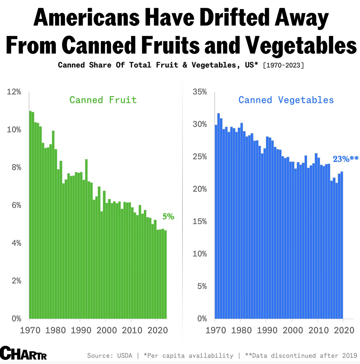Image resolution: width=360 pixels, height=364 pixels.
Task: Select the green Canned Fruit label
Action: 103,100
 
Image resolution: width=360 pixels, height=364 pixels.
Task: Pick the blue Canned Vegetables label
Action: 286,100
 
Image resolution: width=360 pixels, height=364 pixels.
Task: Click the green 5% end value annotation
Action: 168,216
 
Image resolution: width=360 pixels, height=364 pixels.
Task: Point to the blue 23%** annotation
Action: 345,159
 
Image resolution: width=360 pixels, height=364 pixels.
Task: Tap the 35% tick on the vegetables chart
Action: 200,92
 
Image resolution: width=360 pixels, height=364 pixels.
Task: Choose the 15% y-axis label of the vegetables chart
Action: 200,222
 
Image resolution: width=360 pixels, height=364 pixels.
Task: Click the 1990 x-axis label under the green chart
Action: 81,330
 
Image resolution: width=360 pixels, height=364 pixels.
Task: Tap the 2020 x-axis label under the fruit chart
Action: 157,330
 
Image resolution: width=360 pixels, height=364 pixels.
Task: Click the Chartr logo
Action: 23,353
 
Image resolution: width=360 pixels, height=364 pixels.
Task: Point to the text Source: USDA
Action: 110,356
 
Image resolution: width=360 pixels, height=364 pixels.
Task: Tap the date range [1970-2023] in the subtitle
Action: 283,65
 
